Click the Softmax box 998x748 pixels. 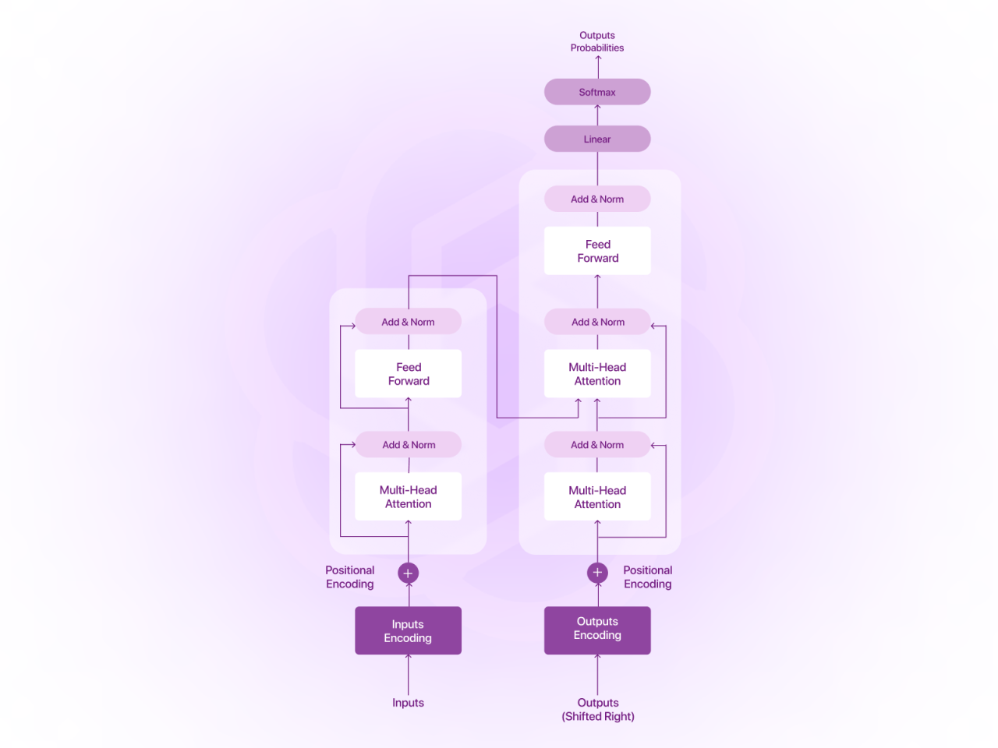click(597, 92)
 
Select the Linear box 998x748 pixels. click(597, 139)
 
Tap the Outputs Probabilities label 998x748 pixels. click(597, 41)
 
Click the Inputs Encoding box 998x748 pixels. click(408, 630)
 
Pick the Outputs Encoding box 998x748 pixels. click(597, 629)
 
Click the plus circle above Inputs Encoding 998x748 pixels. click(408, 573)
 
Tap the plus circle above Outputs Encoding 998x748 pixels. click(597, 573)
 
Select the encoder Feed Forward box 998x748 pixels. click(408, 374)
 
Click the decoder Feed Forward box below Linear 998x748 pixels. click(597, 251)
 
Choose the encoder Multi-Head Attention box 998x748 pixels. click(408, 496)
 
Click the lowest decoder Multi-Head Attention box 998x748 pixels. click(597, 497)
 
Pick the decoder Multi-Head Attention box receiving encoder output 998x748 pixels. click(597, 374)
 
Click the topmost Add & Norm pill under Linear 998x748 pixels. click(597, 199)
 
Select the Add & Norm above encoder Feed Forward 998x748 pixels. click(408, 322)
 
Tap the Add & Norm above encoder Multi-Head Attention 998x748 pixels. click(408, 445)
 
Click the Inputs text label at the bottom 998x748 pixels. click(408, 703)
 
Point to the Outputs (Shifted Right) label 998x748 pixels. click(598, 709)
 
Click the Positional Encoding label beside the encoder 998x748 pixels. click(350, 577)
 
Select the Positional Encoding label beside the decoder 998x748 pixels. click(647, 577)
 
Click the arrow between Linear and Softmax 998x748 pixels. click(597, 115)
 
